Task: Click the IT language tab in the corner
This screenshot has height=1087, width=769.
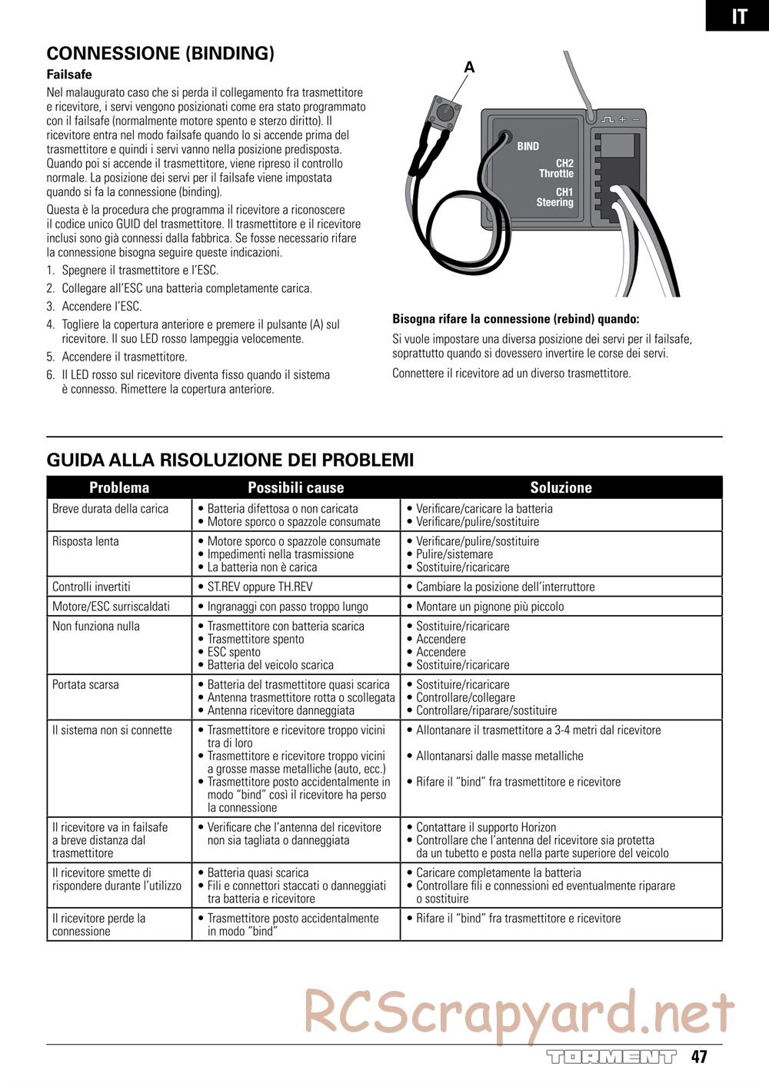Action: [x=738, y=16]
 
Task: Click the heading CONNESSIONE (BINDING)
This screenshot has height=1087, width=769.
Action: [x=161, y=53]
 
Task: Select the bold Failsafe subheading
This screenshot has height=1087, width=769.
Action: [x=69, y=75]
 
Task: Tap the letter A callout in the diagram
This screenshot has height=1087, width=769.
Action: [x=469, y=68]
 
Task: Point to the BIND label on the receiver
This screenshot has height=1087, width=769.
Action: [x=528, y=146]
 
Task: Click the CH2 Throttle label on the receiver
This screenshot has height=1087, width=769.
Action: [x=557, y=168]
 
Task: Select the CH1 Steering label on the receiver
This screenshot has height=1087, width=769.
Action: [x=555, y=197]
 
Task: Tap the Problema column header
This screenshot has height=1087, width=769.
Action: [x=119, y=487]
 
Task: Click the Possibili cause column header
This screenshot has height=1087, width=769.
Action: [x=296, y=487]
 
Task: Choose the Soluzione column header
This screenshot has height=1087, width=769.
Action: [x=561, y=487]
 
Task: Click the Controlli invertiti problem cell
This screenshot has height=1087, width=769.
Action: [x=92, y=587]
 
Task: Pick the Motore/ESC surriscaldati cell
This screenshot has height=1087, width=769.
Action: [x=111, y=607]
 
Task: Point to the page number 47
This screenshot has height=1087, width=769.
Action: [x=698, y=1056]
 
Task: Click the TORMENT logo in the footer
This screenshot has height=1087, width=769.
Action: [x=611, y=1056]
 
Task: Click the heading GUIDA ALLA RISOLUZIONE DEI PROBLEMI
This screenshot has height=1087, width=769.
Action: [x=230, y=460]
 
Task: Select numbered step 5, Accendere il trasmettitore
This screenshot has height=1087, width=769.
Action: [x=123, y=357]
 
